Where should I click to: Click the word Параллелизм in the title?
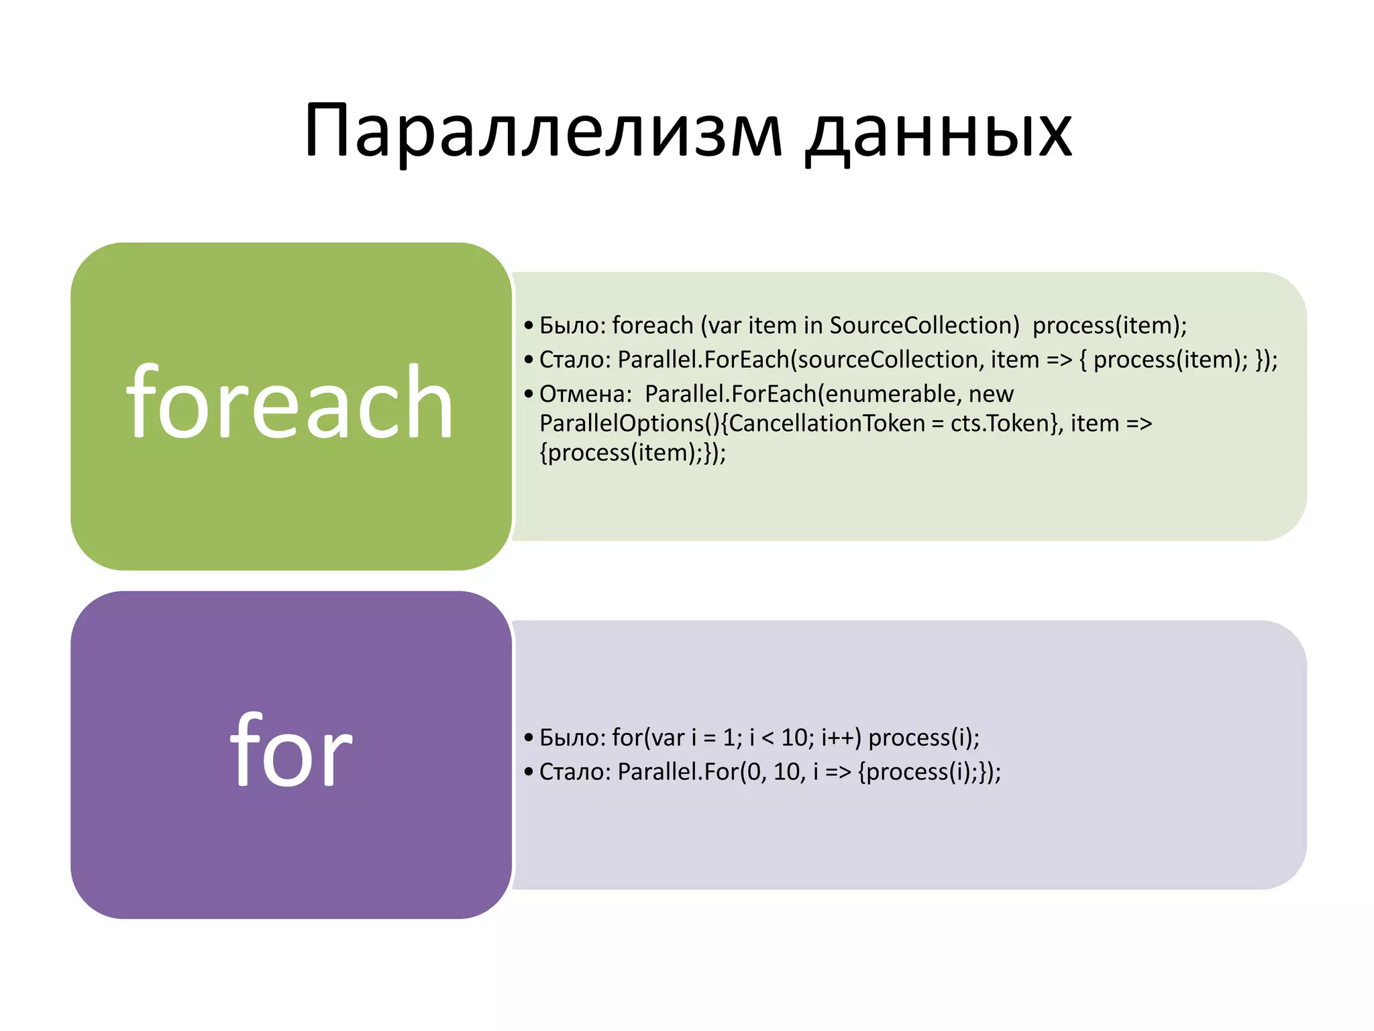click(543, 131)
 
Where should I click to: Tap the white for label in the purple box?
click(290, 750)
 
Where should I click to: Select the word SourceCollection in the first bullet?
click(924, 326)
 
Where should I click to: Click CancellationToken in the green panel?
click(827, 424)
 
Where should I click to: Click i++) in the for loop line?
click(841, 738)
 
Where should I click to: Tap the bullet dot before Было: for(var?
click(529, 738)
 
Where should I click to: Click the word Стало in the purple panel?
click(574, 772)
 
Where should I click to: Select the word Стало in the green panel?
click(574, 360)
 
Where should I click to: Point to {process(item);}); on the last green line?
click(632, 453)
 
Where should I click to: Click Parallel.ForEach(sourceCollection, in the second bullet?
click(800, 360)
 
